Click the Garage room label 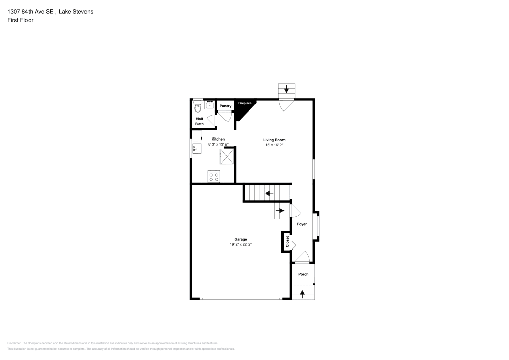click(x=241, y=239)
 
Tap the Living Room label click(x=274, y=140)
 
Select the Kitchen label click(x=218, y=139)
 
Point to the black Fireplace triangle click(x=243, y=108)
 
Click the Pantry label click(x=225, y=106)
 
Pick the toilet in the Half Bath click(x=197, y=106)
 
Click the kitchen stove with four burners click(x=214, y=177)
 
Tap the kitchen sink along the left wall click(x=197, y=148)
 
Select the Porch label click(x=303, y=274)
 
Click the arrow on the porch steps click(x=303, y=293)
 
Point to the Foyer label click(x=302, y=224)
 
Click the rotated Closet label click(x=287, y=241)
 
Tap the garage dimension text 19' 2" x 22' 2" click(x=241, y=245)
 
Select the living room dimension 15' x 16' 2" click(x=274, y=145)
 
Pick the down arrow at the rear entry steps click(x=286, y=89)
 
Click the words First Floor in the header click(x=20, y=20)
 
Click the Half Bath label click(x=200, y=121)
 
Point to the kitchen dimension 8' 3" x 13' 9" click(x=218, y=145)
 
